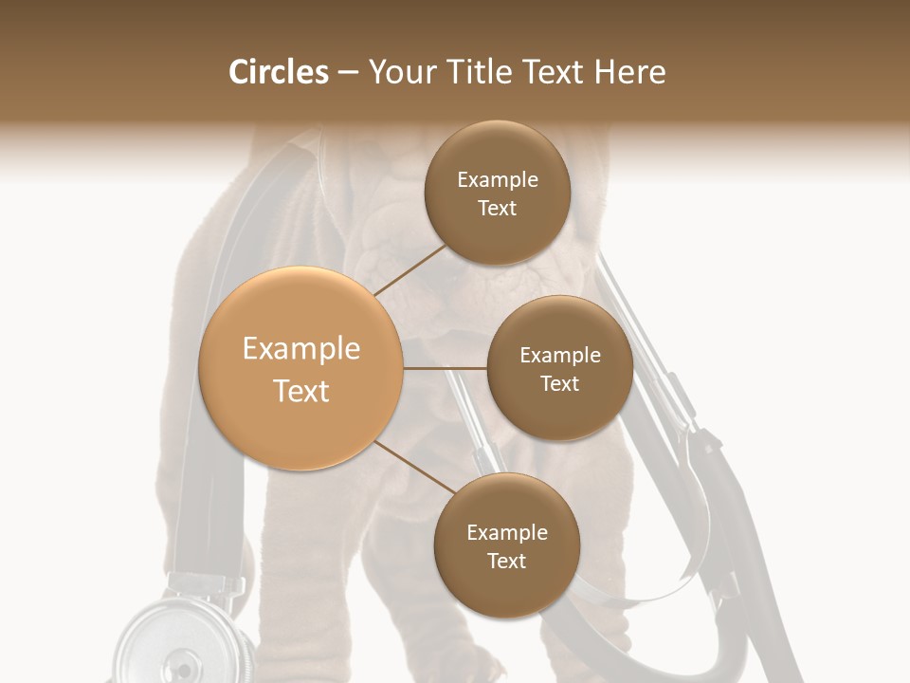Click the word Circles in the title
click(279, 72)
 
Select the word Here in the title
click(630, 72)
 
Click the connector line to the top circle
click(409, 269)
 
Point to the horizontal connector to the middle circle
click(445, 368)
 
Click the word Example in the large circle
click(301, 349)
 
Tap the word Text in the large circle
click(301, 391)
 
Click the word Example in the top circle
click(498, 180)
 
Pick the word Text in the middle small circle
click(559, 383)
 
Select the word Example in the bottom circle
click(507, 532)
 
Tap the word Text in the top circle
click(497, 209)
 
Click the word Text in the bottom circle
click(506, 561)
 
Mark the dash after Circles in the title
click(347, 72)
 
